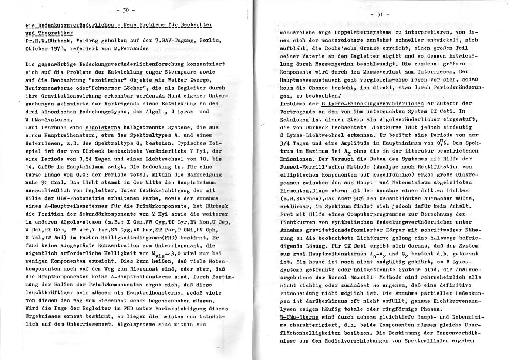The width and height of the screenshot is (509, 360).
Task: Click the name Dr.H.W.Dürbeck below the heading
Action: [x=47, y=40]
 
